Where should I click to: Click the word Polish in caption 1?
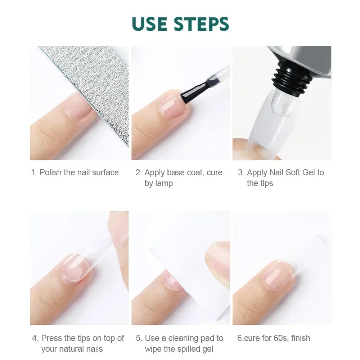point(51,172)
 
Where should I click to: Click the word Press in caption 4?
point(52,338)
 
